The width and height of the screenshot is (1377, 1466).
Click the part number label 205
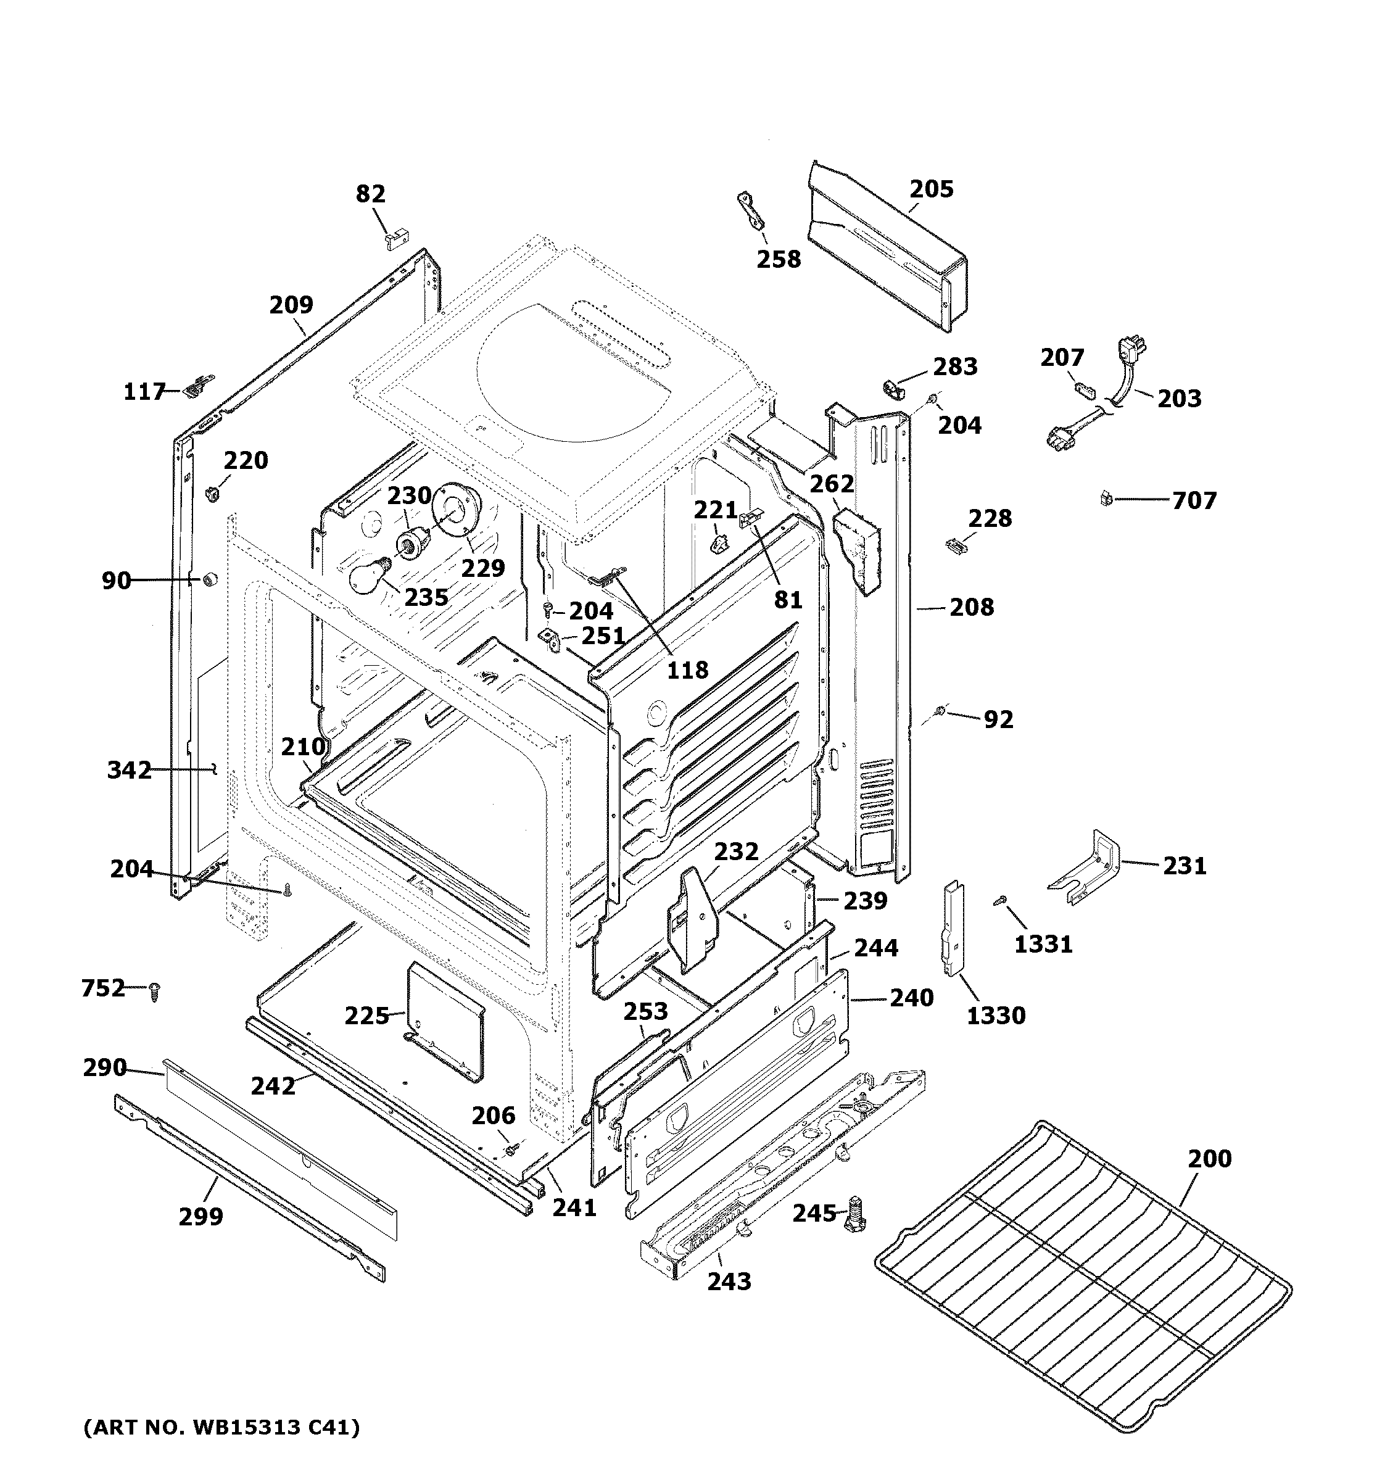click(x=930, y=189)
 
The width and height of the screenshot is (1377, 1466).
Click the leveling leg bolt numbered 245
click(x=855, y=1213)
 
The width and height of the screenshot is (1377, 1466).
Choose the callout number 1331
click(x=1043, y=944)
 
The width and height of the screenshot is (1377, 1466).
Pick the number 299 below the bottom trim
click(x=201, y=1216)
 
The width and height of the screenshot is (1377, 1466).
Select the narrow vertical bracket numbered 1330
click(x=953, y=929)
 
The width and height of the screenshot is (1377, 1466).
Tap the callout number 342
click(x=129, y=771)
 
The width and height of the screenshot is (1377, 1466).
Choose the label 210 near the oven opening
click(x=302, y=747)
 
